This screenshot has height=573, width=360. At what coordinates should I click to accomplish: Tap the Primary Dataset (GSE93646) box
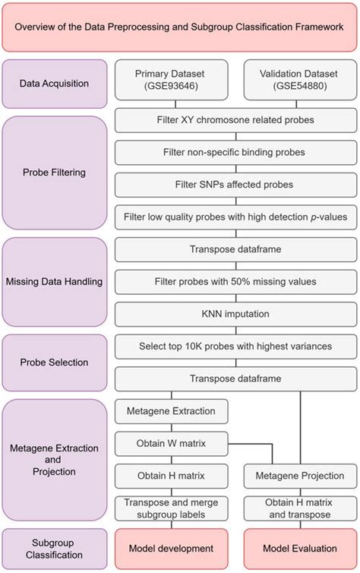coord(171,80)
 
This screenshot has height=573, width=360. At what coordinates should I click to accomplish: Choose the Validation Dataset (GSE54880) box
coord(299,80)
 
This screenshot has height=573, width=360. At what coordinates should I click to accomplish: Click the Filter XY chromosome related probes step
coord(235,119)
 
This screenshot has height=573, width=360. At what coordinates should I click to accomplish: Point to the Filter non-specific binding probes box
coord(235,152)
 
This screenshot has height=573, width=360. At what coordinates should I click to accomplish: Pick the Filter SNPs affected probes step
coord(235,185)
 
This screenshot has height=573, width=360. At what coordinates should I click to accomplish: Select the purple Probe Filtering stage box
coord(54,173)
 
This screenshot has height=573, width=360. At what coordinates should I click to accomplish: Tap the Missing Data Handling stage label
coord(54,282)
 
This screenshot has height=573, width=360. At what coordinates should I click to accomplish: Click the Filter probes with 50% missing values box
coord(235,282)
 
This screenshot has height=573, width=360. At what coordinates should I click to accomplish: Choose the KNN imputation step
coord(235,314)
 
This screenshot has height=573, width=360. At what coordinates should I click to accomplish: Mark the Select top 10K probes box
coord(235,347)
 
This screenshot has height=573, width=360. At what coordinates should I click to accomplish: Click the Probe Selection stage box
coord(54,362)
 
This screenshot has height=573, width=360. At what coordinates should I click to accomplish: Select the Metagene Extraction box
coord(171,411)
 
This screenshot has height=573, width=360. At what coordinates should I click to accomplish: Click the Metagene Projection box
coord(299,476)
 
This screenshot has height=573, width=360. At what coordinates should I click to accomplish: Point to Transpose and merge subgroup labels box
coord(171,508)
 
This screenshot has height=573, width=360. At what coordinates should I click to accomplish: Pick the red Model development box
coord(171,548)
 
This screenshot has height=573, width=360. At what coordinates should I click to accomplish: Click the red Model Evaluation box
coord(299,548)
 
